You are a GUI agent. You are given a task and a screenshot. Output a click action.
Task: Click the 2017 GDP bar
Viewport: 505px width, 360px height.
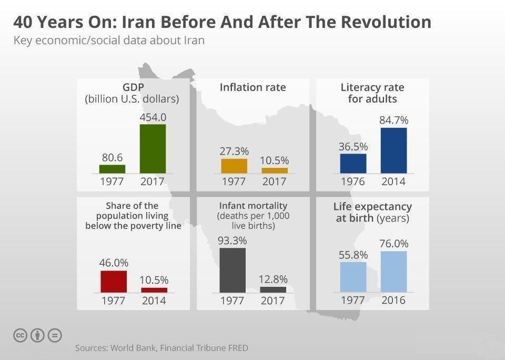(153, 148)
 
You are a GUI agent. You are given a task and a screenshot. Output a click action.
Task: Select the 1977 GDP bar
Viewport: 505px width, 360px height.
(112, 169)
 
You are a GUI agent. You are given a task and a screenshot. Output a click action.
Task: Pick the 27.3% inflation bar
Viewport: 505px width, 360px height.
(234, 166)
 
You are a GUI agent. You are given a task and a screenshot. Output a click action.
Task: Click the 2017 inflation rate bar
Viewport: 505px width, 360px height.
(275, 171)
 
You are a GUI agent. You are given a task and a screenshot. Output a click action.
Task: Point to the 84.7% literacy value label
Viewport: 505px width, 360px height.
(393, 120)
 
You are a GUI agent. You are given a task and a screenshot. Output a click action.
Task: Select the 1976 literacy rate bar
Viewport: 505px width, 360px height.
(353, 163)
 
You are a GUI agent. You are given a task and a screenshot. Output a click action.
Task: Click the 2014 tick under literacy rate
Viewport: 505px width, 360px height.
(393, 182)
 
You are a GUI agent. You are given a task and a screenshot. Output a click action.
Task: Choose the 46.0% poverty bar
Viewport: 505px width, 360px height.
(114, 281)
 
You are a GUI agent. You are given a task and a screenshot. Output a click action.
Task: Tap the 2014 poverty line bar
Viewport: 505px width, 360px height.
(154, 290)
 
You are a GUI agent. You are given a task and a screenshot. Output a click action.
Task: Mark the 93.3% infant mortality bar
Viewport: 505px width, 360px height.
(233, 270)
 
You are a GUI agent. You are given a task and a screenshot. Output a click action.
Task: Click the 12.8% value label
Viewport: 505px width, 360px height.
(273, 279)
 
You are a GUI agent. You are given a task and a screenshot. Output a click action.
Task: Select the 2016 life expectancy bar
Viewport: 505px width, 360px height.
(393, 272)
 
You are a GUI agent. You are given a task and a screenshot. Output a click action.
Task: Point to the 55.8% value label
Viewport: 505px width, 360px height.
(353, 255)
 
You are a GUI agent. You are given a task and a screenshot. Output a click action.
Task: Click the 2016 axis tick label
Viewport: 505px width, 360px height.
(393, 301)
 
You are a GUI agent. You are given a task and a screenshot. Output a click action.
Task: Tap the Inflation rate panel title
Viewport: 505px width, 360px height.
(252, 87)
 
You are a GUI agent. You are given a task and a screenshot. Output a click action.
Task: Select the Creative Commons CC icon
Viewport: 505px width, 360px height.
(20, 335)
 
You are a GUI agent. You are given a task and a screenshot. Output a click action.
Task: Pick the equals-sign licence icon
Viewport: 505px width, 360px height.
(55, 335)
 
